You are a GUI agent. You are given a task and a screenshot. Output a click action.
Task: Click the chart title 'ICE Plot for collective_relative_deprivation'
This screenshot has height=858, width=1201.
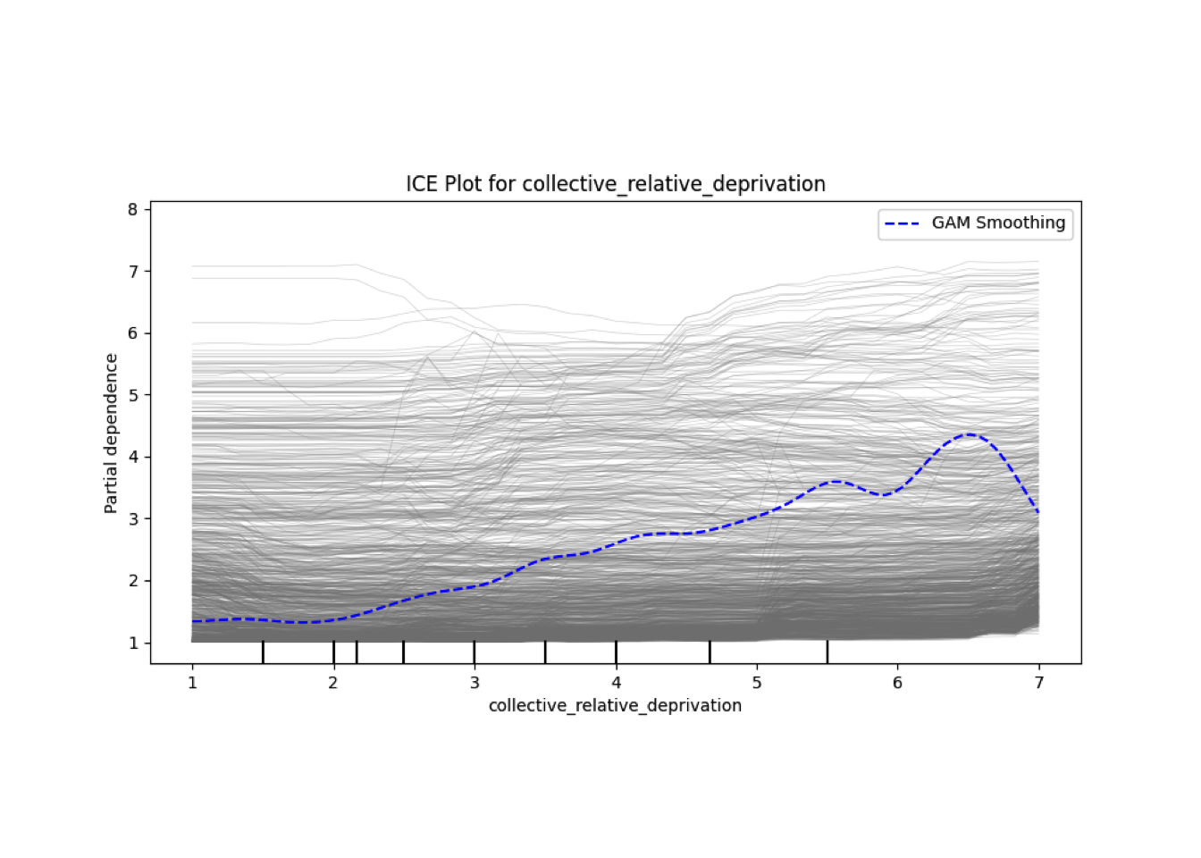615,184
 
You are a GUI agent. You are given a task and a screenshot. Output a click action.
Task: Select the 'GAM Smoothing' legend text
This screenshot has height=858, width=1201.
998,223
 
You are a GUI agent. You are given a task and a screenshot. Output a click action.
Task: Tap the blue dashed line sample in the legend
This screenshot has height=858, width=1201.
903,223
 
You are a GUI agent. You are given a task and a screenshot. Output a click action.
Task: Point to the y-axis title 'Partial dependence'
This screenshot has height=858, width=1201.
111,433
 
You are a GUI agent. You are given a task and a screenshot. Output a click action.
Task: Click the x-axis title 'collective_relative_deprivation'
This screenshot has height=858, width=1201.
615,706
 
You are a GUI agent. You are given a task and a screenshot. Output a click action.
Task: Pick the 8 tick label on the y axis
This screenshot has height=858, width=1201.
133,210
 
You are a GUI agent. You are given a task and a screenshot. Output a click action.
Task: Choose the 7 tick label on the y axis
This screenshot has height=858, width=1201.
133,272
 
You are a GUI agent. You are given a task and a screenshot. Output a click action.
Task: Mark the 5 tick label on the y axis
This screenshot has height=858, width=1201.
133,395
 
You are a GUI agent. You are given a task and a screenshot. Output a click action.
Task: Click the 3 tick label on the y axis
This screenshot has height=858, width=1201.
133,519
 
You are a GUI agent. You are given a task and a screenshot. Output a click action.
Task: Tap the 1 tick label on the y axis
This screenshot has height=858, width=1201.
133,643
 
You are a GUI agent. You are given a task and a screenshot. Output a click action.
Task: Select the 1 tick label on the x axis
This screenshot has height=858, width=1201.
192,683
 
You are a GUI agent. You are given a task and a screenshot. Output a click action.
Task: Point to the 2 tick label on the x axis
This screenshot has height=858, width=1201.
333,683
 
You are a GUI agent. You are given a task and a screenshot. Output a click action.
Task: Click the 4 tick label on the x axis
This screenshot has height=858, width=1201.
616,683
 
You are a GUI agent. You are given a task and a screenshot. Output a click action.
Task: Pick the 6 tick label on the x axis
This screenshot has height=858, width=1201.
897,683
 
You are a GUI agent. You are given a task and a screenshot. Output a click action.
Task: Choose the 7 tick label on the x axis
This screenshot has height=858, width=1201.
1038,683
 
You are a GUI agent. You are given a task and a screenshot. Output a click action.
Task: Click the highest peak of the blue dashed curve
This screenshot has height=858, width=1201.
969,434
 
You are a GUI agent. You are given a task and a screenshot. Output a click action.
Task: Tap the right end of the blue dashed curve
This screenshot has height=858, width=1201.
1038,513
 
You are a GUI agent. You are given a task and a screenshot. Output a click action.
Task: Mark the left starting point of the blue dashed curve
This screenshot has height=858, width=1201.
193,621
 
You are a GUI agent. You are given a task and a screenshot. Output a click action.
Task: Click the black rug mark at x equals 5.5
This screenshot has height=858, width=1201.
827,652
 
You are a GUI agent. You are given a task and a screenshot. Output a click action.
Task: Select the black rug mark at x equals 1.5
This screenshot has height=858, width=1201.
263,652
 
